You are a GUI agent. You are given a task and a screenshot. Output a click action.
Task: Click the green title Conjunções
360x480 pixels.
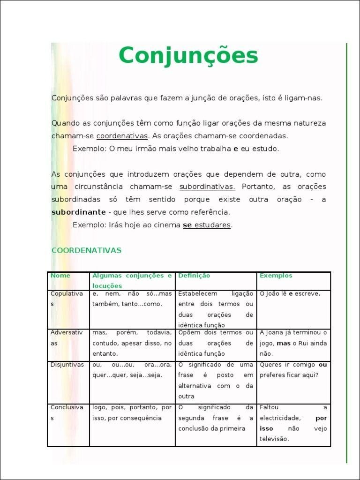[x=188, y=56]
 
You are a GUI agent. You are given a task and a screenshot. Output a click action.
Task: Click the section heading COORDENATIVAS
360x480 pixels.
[x=86, y=250]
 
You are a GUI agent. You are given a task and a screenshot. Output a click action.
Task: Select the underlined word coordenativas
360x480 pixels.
[x=122, y=136]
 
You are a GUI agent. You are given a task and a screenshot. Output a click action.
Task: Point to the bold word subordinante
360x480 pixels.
[x=78, y=212]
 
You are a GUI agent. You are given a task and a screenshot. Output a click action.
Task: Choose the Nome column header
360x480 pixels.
[x=60, y=276]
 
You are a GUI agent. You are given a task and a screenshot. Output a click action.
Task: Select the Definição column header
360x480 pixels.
[x=194, y=276]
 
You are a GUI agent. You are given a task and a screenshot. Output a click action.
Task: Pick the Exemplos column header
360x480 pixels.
[x=276, y=276]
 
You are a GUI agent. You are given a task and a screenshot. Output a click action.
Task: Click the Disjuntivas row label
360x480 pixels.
[x=67, y=365]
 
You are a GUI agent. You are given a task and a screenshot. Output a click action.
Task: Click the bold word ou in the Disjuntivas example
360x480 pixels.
[x=322, y=365]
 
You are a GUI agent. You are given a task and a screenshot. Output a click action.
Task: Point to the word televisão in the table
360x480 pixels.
[x=274, y=439]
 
